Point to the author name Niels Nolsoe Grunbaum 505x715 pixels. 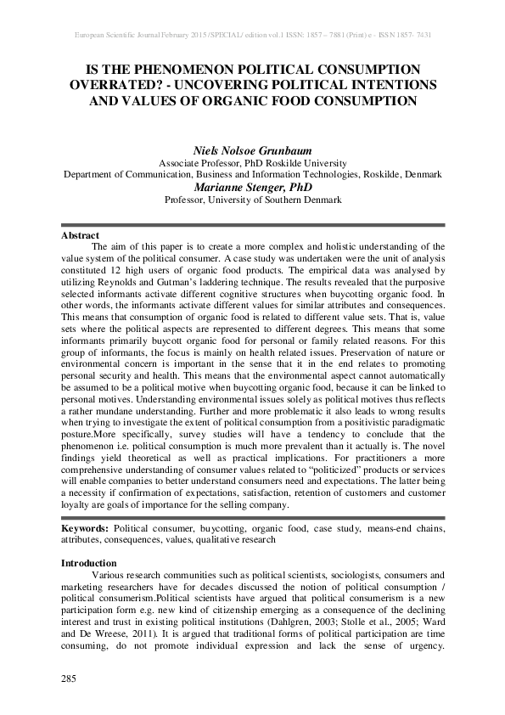tap(252, 150)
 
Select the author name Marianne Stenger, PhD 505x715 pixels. tap(252, 187)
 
